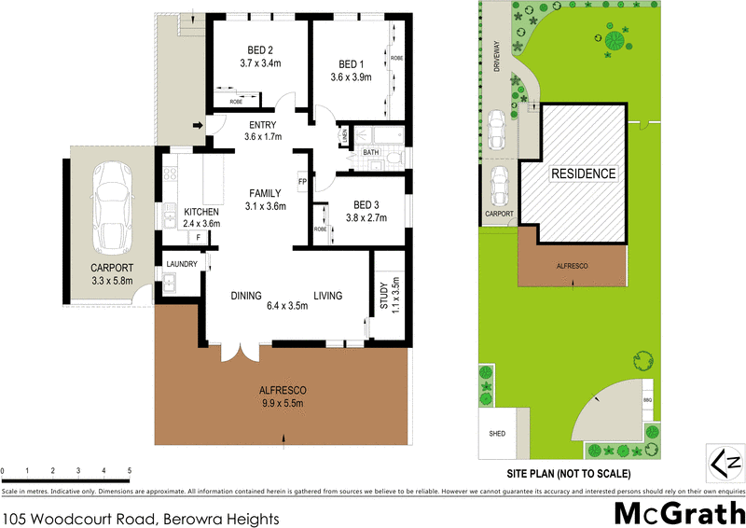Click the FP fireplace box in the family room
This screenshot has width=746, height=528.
tap(302, 181)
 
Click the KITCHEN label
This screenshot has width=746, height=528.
tap(200, 211)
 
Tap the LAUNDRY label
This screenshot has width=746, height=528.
tap(181, 264)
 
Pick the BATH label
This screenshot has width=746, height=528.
tap(371, 152)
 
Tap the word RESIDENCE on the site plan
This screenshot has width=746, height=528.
tap(583, 174)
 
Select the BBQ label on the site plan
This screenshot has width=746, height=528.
tap(648, 399)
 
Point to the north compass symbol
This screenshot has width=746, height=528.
tap(725, 463)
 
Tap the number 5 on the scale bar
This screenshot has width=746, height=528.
tap(129, 469)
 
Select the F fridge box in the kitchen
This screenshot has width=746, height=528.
tap(196, 238)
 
